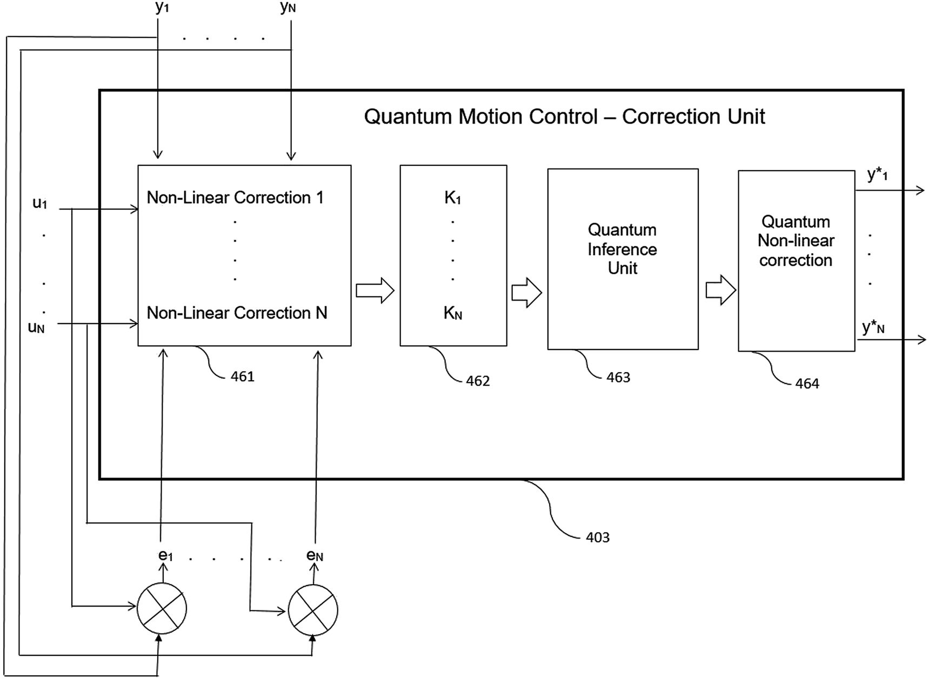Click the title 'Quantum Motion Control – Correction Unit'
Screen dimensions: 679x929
pos(564,117)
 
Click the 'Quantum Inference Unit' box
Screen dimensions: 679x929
pos(623,259)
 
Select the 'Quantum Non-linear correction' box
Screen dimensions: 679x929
pos(796,260)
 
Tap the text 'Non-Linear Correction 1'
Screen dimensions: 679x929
pos(235,198)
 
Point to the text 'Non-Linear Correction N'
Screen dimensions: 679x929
pos(237,313)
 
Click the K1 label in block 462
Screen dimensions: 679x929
pos(453,198)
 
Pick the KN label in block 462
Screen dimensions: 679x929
pos(453,313)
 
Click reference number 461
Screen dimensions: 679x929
pos(242,377)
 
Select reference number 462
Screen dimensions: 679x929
pos(477,381)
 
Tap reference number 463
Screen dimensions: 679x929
pos(618,378)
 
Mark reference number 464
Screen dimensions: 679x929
pos(807,384)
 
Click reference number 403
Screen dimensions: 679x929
pos(597,537)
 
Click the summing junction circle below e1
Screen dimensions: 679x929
pos(162,609)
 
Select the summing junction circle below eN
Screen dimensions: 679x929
pos(313,610)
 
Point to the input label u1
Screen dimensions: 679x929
pos(40,204)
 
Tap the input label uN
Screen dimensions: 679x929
pos(36,327)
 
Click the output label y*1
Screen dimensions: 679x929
pos(877,174)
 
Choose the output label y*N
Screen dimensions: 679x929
pos(873,327)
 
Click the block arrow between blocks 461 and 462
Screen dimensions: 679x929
pos(375,291)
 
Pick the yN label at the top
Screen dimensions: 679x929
pos(288,8)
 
